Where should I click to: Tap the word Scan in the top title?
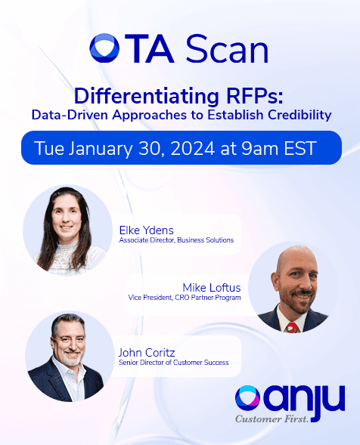tap(227, 49)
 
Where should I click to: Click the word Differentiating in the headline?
tap(146, 97)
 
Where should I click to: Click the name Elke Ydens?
tap(146, 230)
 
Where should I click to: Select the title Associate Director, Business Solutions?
tap(176, 240)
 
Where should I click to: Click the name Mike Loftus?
tap(212, 288)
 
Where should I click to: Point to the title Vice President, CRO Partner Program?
tap(185, 298)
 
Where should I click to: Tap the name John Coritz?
tap(147, 353)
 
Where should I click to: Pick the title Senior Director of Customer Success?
tap(174, 363)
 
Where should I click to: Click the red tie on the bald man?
tap(292, 327)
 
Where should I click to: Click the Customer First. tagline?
tap(272, 419)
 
